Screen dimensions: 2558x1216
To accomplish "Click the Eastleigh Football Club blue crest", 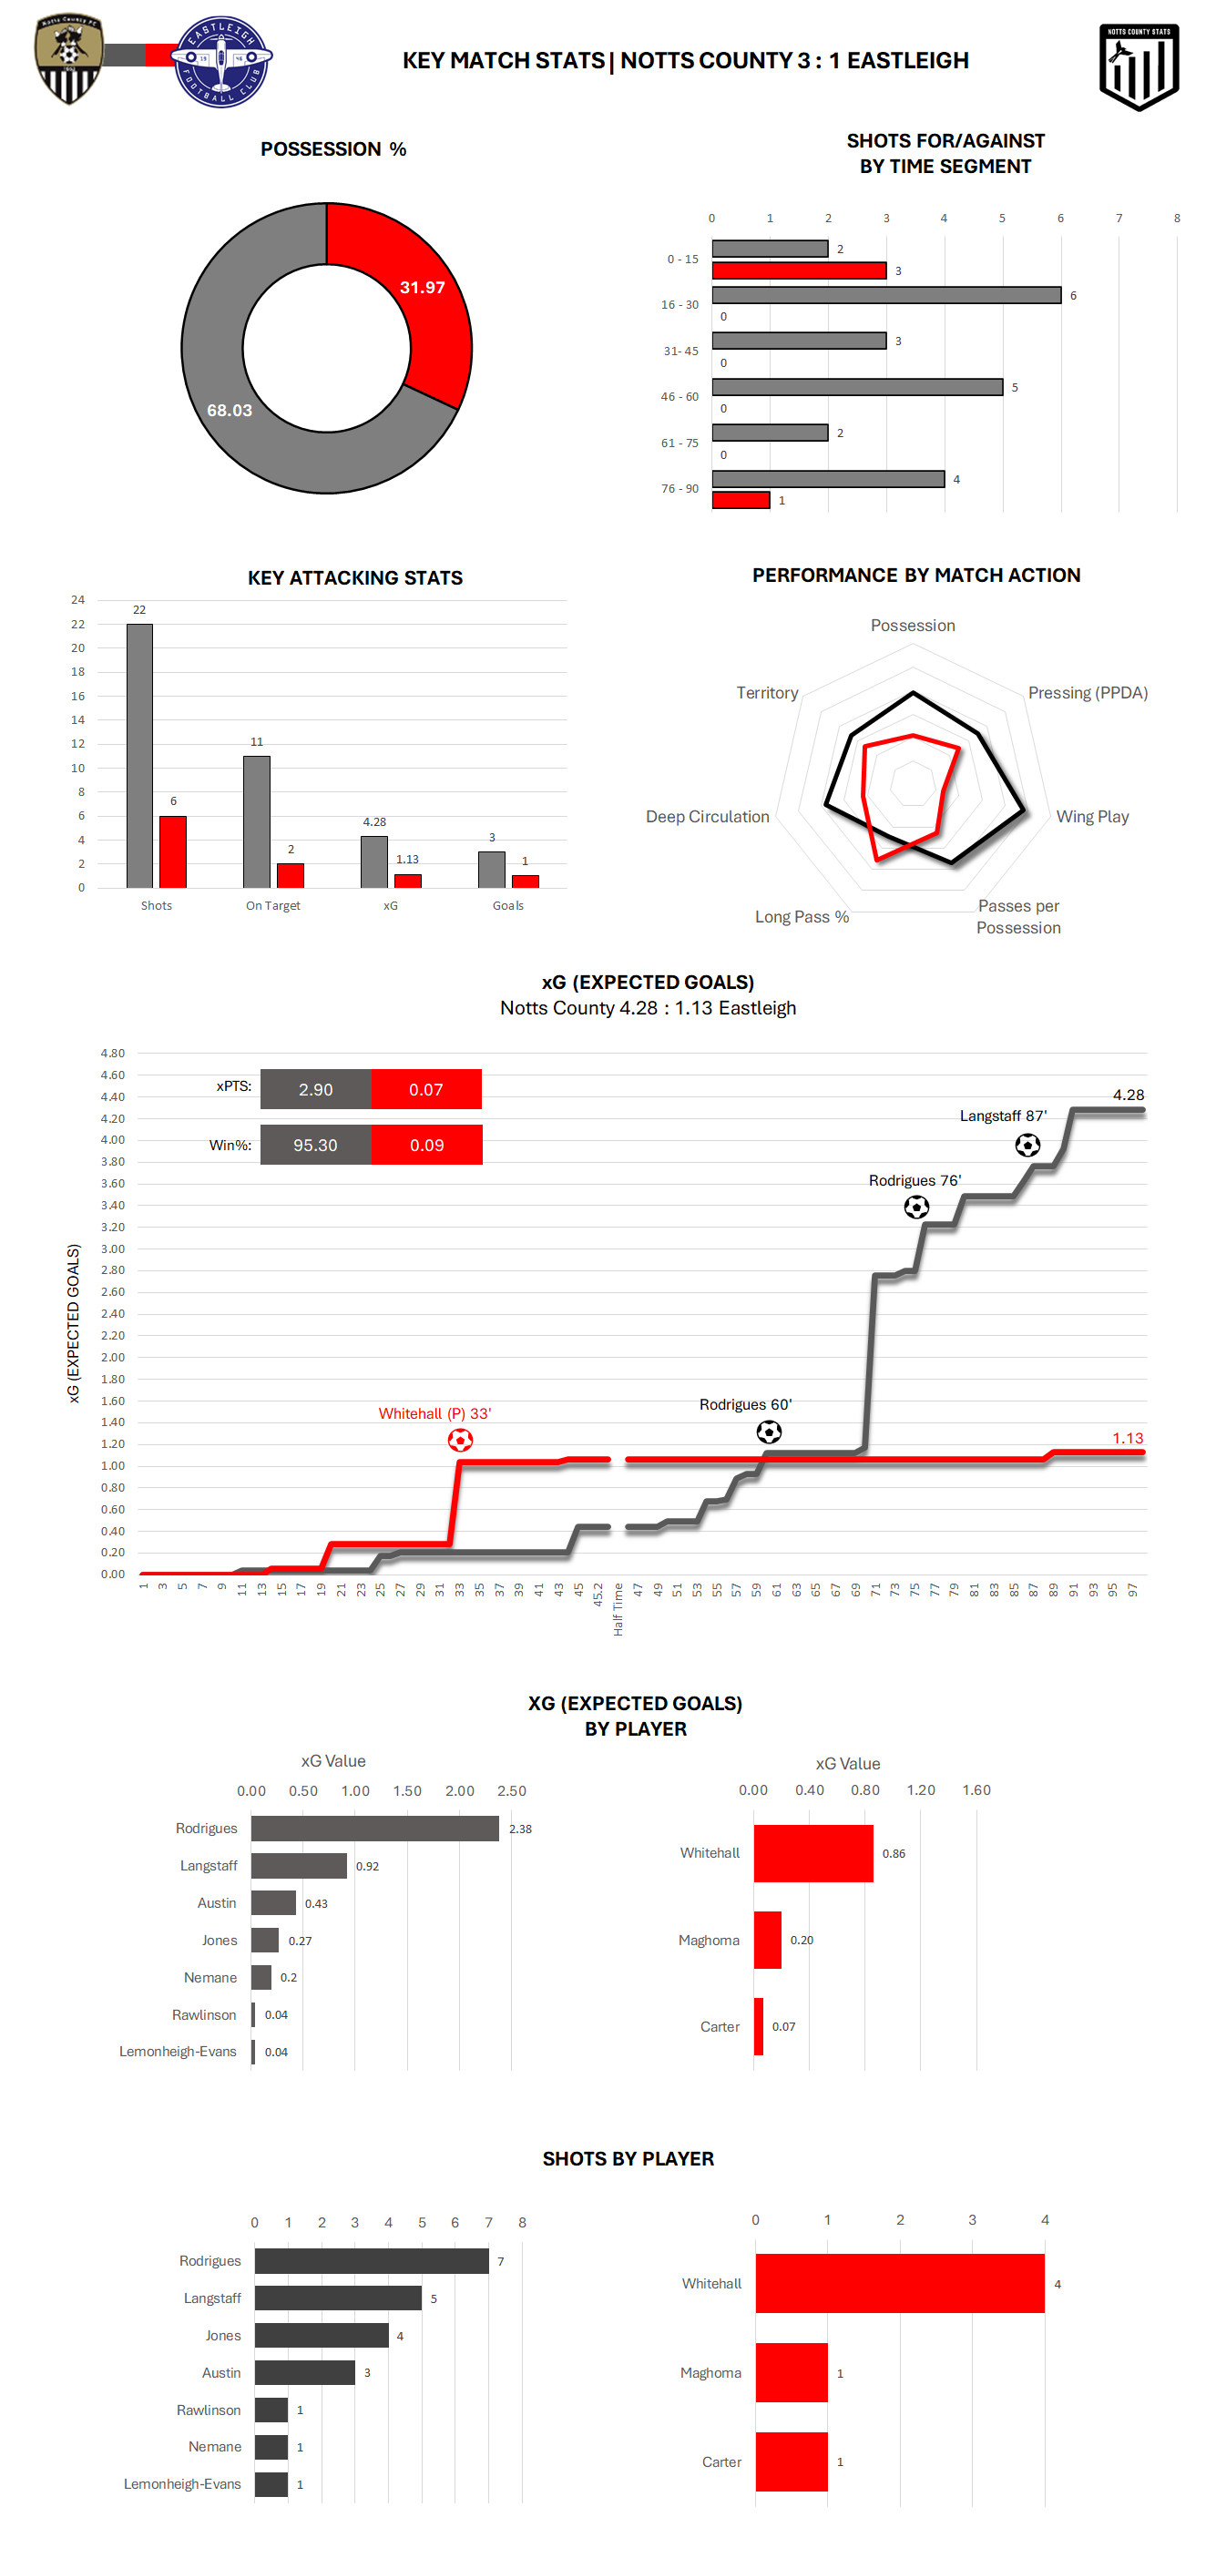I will coord(220,61).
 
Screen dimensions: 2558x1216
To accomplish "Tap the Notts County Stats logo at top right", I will coord(1139,66).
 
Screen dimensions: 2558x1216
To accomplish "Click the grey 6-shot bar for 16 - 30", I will coord(886,295).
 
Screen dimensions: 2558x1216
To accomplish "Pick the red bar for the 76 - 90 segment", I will coord(741,501).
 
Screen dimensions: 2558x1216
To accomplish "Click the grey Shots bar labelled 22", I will coord(140,755).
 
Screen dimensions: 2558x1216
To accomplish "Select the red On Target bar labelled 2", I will coord(290,875).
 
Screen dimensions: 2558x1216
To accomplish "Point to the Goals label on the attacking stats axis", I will coord(507,905).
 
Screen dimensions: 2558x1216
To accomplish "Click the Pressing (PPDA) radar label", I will coord(1088,693).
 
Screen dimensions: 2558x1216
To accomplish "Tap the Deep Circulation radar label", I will coord(708,816).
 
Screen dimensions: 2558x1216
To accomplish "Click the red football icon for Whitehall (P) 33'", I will coord(460,1440).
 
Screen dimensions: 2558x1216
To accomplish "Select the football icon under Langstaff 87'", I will coord(1027,1145).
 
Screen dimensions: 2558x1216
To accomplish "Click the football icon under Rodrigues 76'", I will coord(916,1207).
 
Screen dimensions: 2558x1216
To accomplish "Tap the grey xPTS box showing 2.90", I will coord(316,1089).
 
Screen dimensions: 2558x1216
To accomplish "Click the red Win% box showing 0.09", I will coord(426,1145).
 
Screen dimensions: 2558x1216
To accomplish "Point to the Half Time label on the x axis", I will coord(618,1609).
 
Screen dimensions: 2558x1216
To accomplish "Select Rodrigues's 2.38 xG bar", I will coord(374,1829).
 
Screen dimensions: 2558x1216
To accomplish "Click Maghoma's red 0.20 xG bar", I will coord(767,1940).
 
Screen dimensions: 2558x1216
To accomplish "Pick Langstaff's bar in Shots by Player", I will coord(338,2298).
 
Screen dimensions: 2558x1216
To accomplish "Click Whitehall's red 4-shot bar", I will coord(899,2284).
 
